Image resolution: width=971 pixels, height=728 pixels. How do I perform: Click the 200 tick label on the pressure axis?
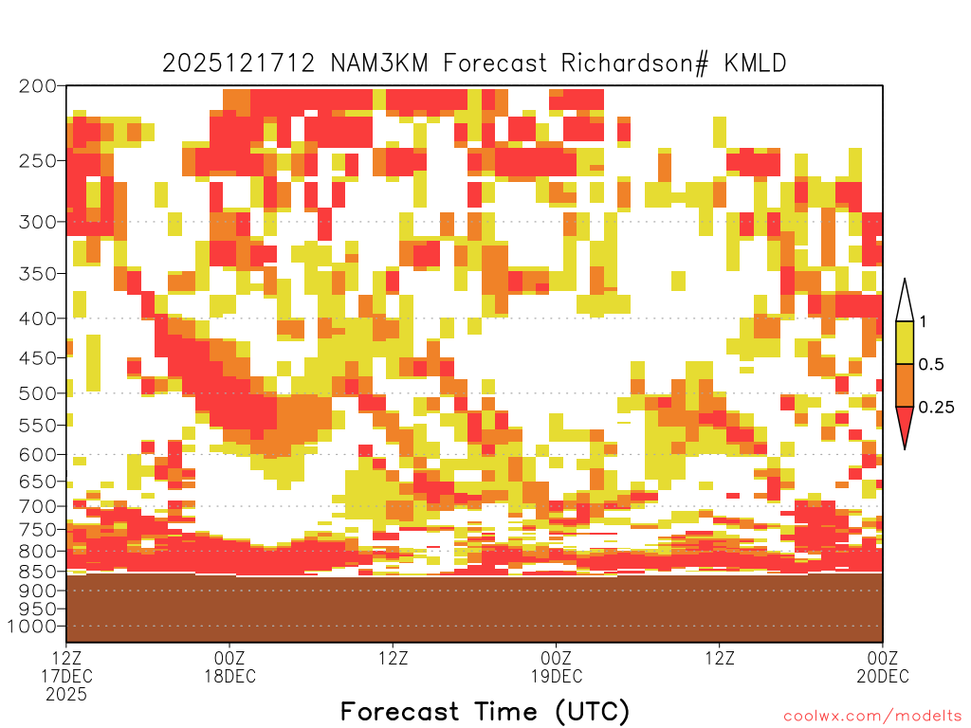[x=38, y=86]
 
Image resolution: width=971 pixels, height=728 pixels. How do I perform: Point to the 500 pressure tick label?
[x=38, y=393]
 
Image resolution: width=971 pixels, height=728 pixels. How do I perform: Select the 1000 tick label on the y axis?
[x=33, y=627]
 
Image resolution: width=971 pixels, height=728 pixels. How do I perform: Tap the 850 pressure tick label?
[x=38, y=572]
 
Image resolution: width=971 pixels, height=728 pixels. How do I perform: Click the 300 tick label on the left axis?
[x=38, y=222]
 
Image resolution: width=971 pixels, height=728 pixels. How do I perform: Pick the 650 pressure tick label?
[x=38, y=481]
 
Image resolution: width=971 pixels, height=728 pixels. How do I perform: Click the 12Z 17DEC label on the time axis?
[x=66, y=666]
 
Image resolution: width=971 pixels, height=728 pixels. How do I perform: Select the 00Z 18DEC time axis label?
[x=229, y=666]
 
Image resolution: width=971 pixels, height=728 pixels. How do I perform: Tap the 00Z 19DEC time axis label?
[x=556, y=666]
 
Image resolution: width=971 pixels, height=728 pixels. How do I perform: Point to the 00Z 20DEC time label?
[x=883, y=666]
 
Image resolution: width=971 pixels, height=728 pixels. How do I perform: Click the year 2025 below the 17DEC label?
[x=66, y=695]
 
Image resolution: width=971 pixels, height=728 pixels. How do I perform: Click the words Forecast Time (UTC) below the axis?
[x=485, y=712]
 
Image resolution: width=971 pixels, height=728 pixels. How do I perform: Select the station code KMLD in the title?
[x=755, y=64]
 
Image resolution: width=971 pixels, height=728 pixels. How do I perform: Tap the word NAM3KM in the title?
[x=379, y=64]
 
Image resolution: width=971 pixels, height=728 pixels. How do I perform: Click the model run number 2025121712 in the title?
[x=239, y=64]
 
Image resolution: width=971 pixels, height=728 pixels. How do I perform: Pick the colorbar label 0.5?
[x=931, y=365]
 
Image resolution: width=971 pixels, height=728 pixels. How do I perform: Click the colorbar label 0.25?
[x=936, y=408]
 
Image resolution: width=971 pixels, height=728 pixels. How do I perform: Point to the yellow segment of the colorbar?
[x=905, y=342]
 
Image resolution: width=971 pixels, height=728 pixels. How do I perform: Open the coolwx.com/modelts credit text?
[x=872, y=717]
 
